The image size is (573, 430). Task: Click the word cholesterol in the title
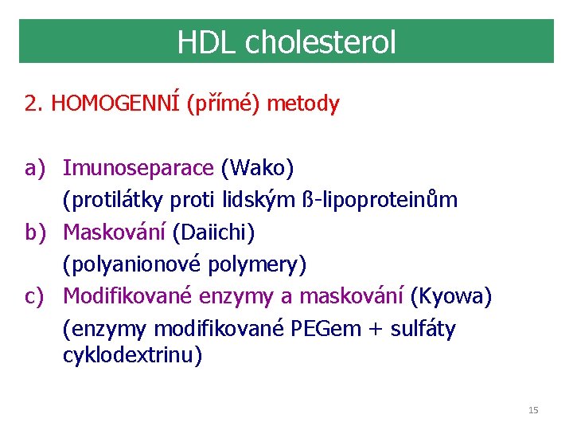[321, 42]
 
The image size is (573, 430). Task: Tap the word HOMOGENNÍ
[116, 104]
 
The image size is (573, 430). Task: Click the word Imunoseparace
[138, 168]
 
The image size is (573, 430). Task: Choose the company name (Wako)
[257, 168]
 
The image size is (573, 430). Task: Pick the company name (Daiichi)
[213, 233]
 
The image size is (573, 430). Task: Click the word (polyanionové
[126, 264]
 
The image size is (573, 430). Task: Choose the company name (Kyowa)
[451, 296]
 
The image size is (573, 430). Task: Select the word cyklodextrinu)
[133, 355]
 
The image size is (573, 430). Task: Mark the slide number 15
[533, 410]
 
